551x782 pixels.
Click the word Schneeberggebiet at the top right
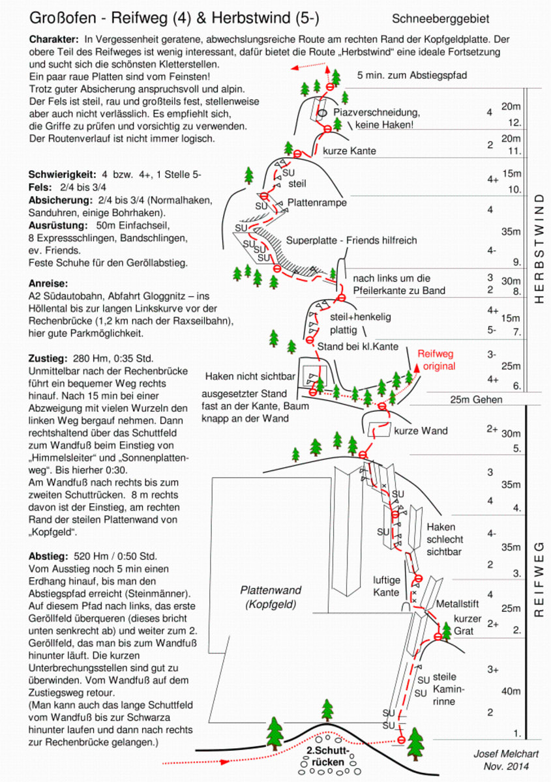pos(440,19)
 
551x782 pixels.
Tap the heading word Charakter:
pos(54,39)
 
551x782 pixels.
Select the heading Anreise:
pos(48,283)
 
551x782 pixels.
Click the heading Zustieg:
pos(48,358)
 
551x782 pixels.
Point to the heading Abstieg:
pos(48,556)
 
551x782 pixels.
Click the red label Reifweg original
pos(437,360)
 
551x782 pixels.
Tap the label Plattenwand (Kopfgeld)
pos(271,597)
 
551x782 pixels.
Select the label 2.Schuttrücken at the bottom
pos(328,756)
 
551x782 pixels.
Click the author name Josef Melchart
pos(506,754)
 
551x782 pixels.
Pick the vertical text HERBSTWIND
pos(539,248)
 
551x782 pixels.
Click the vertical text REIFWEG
pos(539,579)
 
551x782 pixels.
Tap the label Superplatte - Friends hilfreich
pos(351,240)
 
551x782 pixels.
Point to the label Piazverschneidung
pos(377,112)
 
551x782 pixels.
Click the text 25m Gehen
pos(476,399)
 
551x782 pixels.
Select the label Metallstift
pos(457,603)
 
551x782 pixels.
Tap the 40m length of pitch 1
pos(511,691)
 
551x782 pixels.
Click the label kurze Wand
pos(421,431)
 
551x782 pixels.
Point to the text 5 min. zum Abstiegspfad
pos(412,76)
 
